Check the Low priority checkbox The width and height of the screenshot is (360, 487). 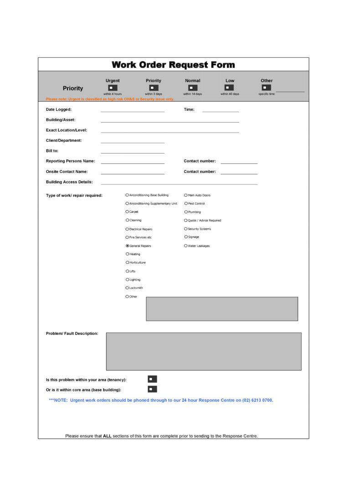(229, 87)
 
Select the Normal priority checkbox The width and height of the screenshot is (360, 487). (193, 87)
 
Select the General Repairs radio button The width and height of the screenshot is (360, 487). (127, 246)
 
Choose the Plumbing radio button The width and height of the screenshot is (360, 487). (186, 212)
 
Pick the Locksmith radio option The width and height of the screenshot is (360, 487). (127, 288)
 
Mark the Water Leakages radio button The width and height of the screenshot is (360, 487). (186, 246)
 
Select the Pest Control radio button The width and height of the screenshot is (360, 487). (186, 204)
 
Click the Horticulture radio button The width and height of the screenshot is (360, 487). (127, 262)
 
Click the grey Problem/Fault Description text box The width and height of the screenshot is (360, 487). (204, 351)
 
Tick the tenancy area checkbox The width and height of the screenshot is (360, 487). (152, 379)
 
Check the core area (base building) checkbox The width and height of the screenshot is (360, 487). (152, 389)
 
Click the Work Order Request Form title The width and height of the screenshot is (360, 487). (173, 65)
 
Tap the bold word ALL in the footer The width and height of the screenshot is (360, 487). (107, 436)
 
